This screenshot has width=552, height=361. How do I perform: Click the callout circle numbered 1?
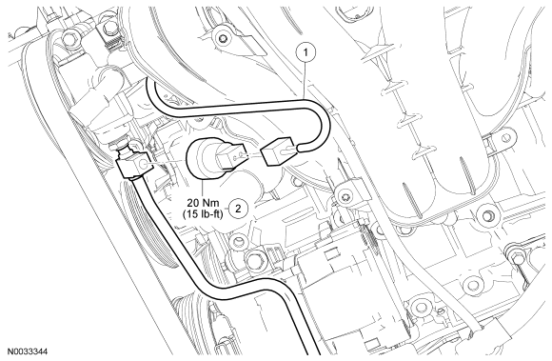[x=306, y=52]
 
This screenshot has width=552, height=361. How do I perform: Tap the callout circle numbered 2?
[x=238, y=209]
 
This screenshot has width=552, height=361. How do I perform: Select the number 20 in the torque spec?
[x=193, y=203]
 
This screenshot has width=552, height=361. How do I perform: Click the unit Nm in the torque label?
[x=211, y=203]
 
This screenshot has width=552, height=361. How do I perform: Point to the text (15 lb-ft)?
[x=203, y=213]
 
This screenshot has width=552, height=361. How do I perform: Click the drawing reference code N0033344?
[x=28, y=351]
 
